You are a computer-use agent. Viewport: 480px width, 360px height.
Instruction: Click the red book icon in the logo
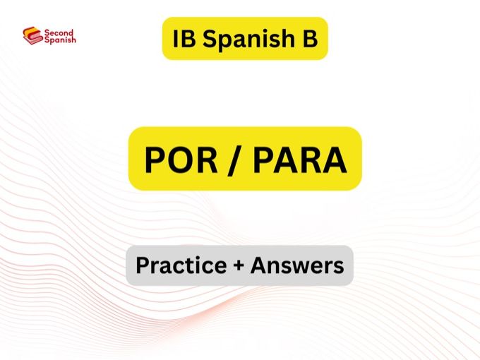point(32,35)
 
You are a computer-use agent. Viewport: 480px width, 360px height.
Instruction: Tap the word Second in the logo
point(58,32)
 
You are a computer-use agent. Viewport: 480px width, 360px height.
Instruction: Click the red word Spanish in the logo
point(59,40)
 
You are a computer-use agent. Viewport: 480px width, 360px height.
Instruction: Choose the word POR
point(177,160)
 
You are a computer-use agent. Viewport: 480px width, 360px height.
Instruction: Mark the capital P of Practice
point(141,265)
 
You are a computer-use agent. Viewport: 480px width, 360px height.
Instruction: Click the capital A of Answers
point(259,265)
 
